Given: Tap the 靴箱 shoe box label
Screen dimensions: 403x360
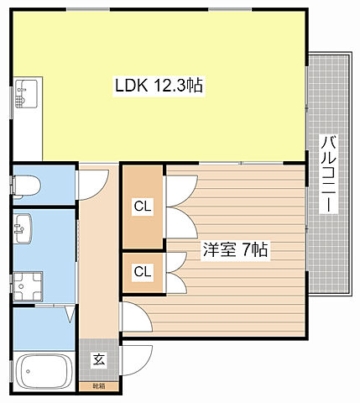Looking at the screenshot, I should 99,386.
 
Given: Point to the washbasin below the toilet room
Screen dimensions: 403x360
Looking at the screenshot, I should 24,226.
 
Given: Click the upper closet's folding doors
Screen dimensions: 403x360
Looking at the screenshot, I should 174,206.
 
